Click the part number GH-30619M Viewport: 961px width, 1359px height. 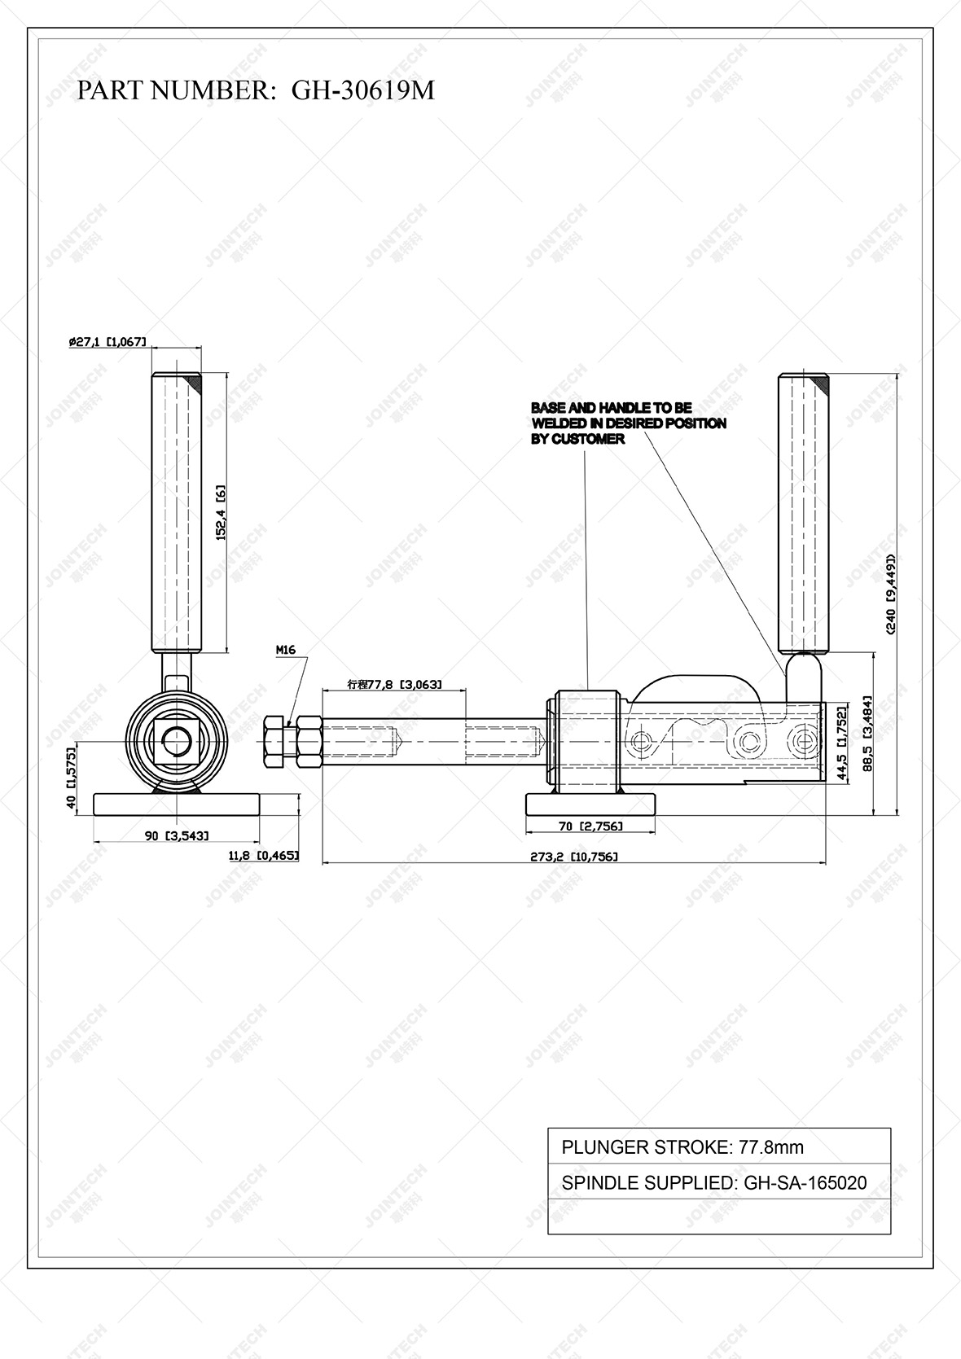[x=363, y=90]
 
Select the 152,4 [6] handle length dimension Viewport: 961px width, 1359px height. [x=220, y=514]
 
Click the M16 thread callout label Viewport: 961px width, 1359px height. [x=285, y=650]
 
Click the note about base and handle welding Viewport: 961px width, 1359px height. [x=627, y=423]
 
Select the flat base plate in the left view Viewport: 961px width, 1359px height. [x=177, y=804]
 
